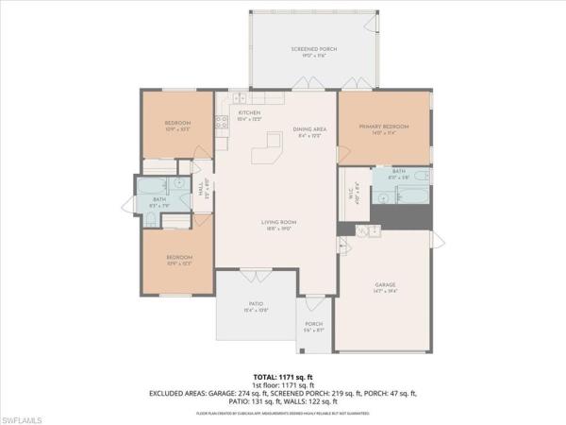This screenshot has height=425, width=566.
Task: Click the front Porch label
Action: point(314,327)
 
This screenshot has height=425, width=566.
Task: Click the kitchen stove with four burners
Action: point(223,121)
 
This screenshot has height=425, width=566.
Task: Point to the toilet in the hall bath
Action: point(151,219)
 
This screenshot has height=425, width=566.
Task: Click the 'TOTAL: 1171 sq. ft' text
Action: point(282,376)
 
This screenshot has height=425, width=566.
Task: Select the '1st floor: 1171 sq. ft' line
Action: point(282,384)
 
